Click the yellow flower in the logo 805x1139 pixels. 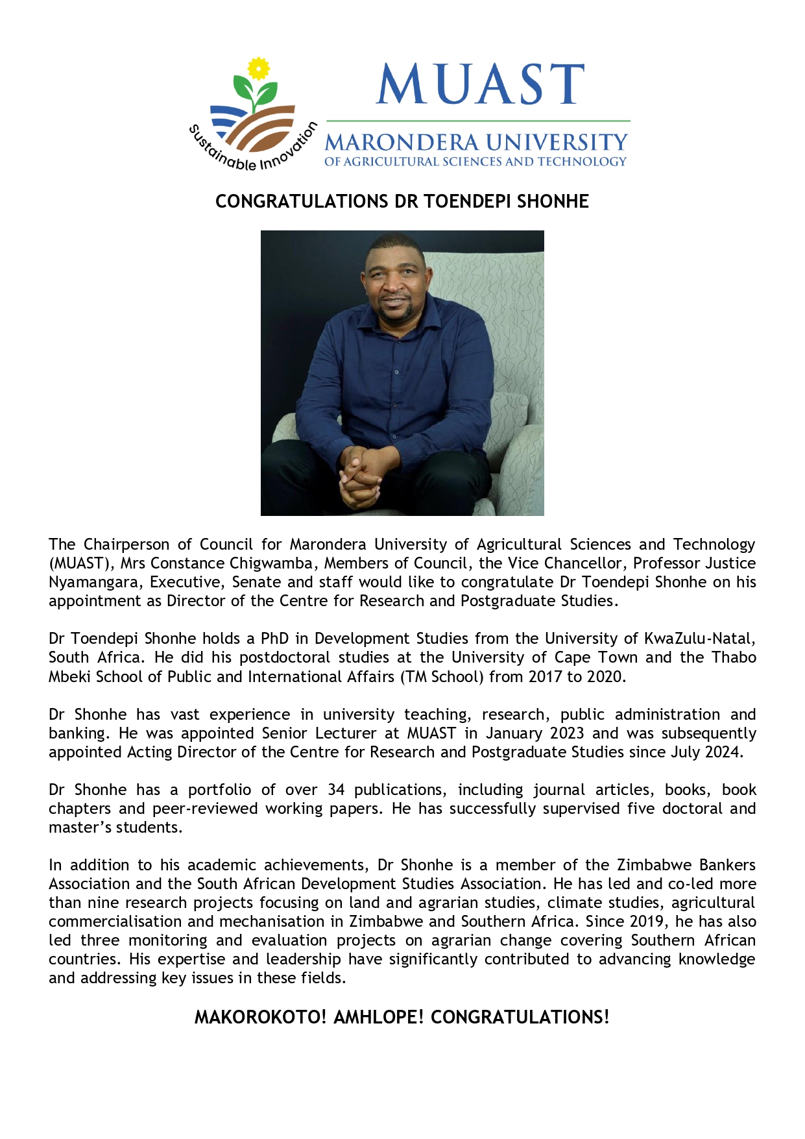[x=259, y=68]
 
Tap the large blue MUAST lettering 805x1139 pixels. [x=480, y=84]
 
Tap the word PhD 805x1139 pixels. [x=274, y=639]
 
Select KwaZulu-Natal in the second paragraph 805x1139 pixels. [x=699, y=639]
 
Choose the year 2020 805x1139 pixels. [x=605, y=677]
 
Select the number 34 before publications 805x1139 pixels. [x=336, y=790]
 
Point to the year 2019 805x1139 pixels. [x=646, y=922]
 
